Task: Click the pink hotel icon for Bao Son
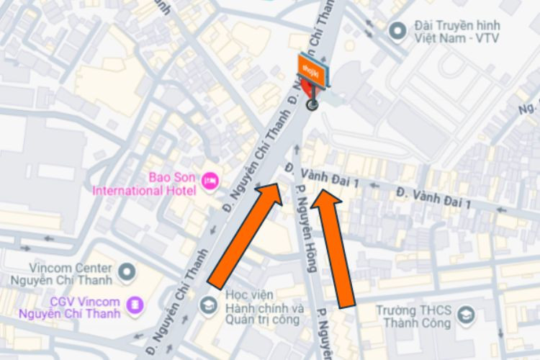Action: coord(210,178)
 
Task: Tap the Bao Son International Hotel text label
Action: coord(145,184)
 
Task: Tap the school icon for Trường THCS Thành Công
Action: coord(466,315)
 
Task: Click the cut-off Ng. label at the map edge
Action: coord(529,108)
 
